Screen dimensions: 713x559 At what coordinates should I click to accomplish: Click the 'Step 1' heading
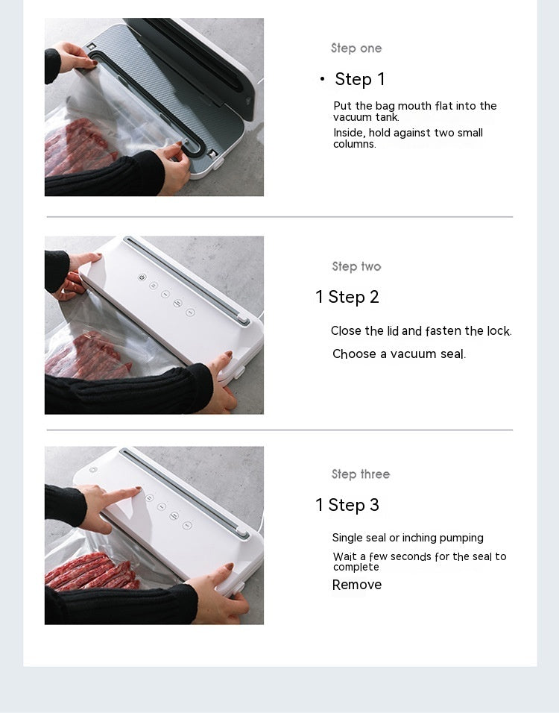(x=360, y=79)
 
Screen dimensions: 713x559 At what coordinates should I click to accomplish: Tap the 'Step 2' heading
(x=353, y=297)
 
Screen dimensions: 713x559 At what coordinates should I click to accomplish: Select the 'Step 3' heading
(x=353, y=505)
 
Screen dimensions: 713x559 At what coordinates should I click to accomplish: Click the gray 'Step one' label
(x=356, y=48)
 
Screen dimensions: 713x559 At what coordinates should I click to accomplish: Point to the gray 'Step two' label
(x=356, y=266)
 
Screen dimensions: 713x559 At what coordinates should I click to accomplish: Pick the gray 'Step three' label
(x=361, y=474)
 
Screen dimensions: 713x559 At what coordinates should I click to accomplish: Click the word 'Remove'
(x=357, y=585)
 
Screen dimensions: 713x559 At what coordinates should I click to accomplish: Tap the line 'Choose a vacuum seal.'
(x=399, y=354)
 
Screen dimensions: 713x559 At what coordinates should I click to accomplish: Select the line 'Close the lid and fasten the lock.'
(x=421, y=331)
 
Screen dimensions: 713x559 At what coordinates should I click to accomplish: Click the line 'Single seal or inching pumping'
(x=408, y=538)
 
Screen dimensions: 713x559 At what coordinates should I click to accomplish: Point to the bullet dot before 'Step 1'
(x=322, y=79)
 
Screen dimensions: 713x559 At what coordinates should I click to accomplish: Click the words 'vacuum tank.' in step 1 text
(x=366, y=117)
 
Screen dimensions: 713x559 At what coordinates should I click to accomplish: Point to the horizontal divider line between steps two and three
(x=279, y=430)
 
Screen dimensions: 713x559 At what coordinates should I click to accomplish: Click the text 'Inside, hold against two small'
(x=408, y=133)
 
